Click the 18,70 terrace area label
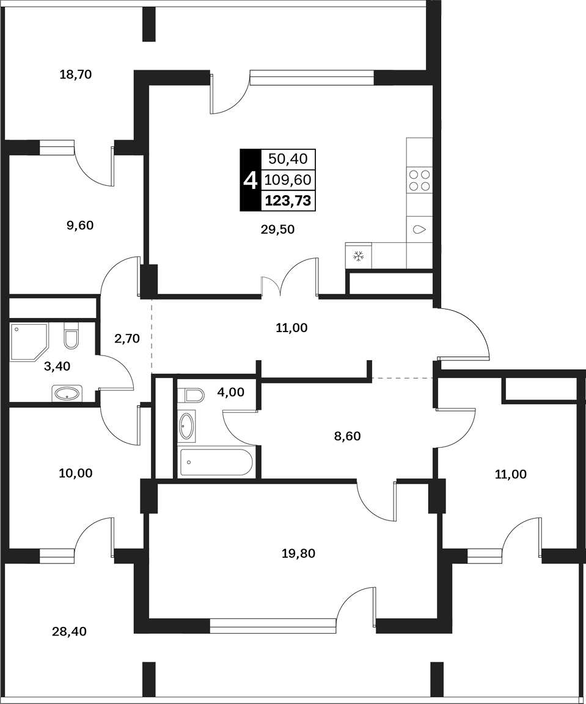[75, 75]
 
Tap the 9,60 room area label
[80, 225]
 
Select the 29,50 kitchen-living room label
[278, 229]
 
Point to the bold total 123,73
[288, 201]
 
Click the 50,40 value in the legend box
[288, 158]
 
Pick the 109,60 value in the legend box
[288, 180]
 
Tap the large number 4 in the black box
[250, 180]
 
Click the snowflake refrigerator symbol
[359, 256]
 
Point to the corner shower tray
[29, 341]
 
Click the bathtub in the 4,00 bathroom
[216, 462]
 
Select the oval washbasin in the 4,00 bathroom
[186, 426]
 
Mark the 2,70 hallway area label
[127, 338]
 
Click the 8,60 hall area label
[348, 435]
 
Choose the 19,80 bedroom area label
[298, 554]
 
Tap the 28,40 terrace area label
[69, 632]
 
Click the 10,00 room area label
[75, 473]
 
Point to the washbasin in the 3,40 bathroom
[67, 394]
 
